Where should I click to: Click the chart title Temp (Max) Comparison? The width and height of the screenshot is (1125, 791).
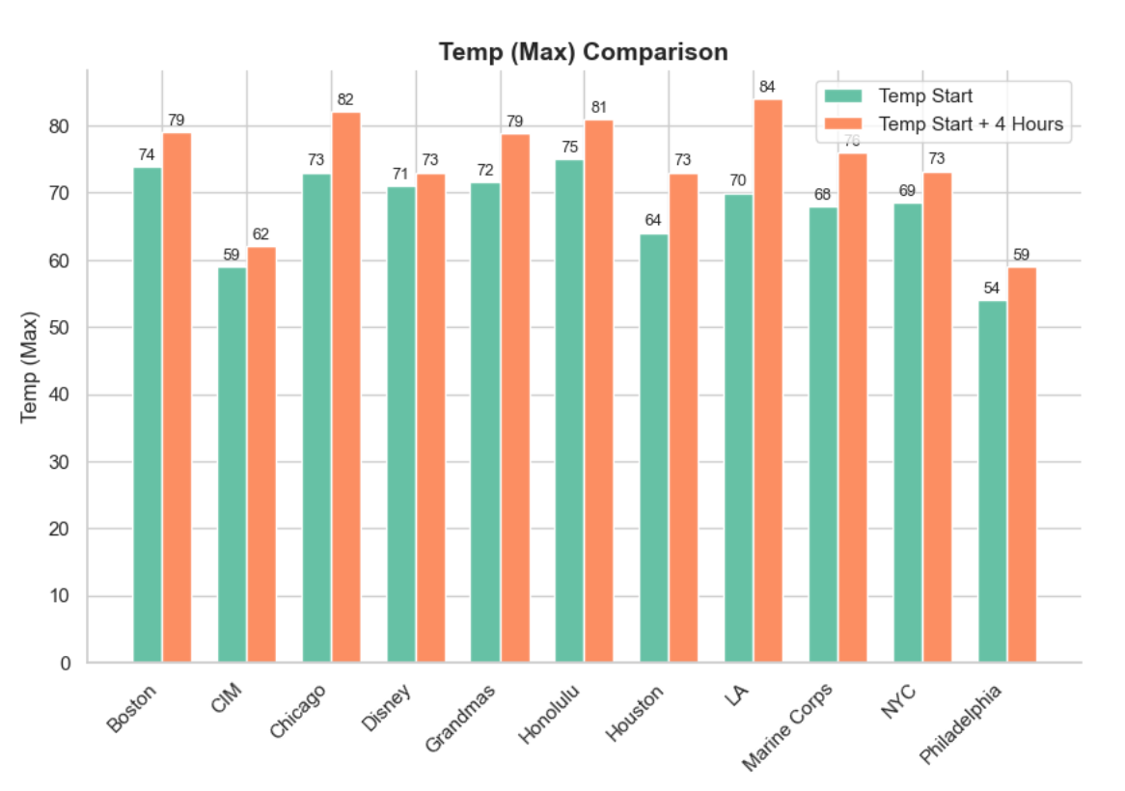coord(584,52)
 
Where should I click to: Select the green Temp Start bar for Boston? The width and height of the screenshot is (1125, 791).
coord(148,415)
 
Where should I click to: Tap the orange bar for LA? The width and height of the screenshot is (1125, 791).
coord(768,381)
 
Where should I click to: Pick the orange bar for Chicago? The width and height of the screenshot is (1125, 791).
coord(345,387)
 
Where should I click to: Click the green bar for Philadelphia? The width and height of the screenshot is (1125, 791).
coord(993,481)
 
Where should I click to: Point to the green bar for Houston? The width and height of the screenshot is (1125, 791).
coord(654,449)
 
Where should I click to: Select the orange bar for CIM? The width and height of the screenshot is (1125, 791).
coord(261,454)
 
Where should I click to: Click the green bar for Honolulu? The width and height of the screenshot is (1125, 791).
coord(569,411)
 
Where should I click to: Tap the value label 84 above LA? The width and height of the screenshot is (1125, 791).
coord(767,87)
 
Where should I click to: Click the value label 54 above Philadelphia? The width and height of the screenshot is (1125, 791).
coord(992,288)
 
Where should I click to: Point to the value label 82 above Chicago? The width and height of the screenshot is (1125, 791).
coord(345,99)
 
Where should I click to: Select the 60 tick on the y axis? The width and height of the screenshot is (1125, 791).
coord(59,261)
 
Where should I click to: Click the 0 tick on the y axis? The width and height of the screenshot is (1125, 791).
coord(66,664)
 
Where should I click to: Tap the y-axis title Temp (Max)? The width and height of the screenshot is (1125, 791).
coord(29,368)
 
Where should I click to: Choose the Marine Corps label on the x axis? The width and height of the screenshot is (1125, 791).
coord(787,726)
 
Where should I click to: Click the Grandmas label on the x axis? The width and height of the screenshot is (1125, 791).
coord(460,718)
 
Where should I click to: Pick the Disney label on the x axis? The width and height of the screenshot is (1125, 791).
coord(386,707)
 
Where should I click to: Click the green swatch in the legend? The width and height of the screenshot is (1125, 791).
coord(843,96)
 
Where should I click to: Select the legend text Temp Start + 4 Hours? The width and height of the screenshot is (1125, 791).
coord(971,124)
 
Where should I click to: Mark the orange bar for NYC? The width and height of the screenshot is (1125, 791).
coord(937,418)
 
